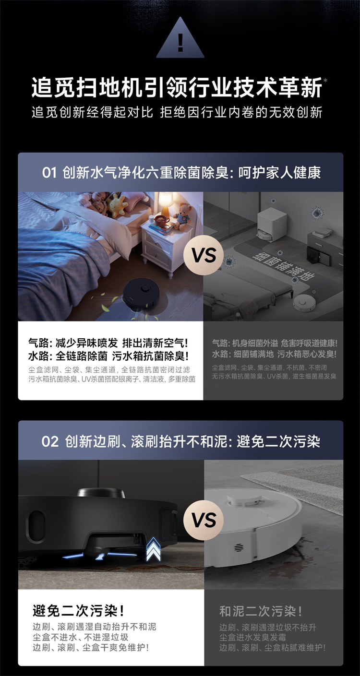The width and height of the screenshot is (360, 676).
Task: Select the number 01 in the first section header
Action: [49, 173]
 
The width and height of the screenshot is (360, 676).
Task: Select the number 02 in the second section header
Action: [49, 441]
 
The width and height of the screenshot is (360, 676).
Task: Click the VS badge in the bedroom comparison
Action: [204, 255]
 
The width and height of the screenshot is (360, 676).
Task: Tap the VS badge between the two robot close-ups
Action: [204, 520]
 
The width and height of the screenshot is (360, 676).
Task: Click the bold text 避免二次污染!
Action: [78, 611]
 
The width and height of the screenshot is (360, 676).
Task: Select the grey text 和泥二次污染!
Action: [261, 611]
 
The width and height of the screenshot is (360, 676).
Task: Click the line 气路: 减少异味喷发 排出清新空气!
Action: [108, 344]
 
